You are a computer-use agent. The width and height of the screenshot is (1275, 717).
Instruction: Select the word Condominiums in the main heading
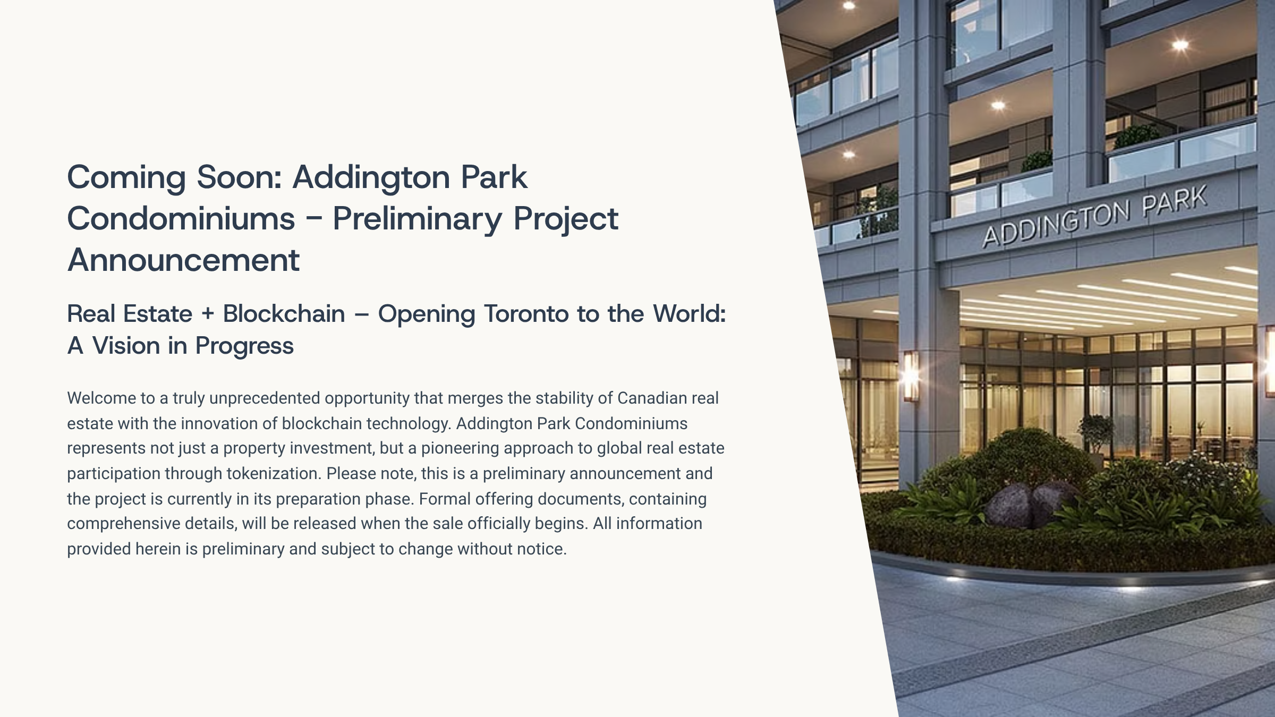[x=181, y=218]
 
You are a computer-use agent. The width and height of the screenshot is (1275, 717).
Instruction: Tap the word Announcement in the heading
[x=184, y=260]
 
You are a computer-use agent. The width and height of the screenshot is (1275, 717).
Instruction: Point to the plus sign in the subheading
[x=208, y=314]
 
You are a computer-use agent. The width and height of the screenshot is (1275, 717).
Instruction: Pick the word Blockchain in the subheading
[x=284, y=313]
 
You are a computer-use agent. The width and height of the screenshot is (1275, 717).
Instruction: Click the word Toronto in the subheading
[x=526, y=314]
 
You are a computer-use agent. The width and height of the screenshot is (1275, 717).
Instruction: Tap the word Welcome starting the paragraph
[x=101, y=398]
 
